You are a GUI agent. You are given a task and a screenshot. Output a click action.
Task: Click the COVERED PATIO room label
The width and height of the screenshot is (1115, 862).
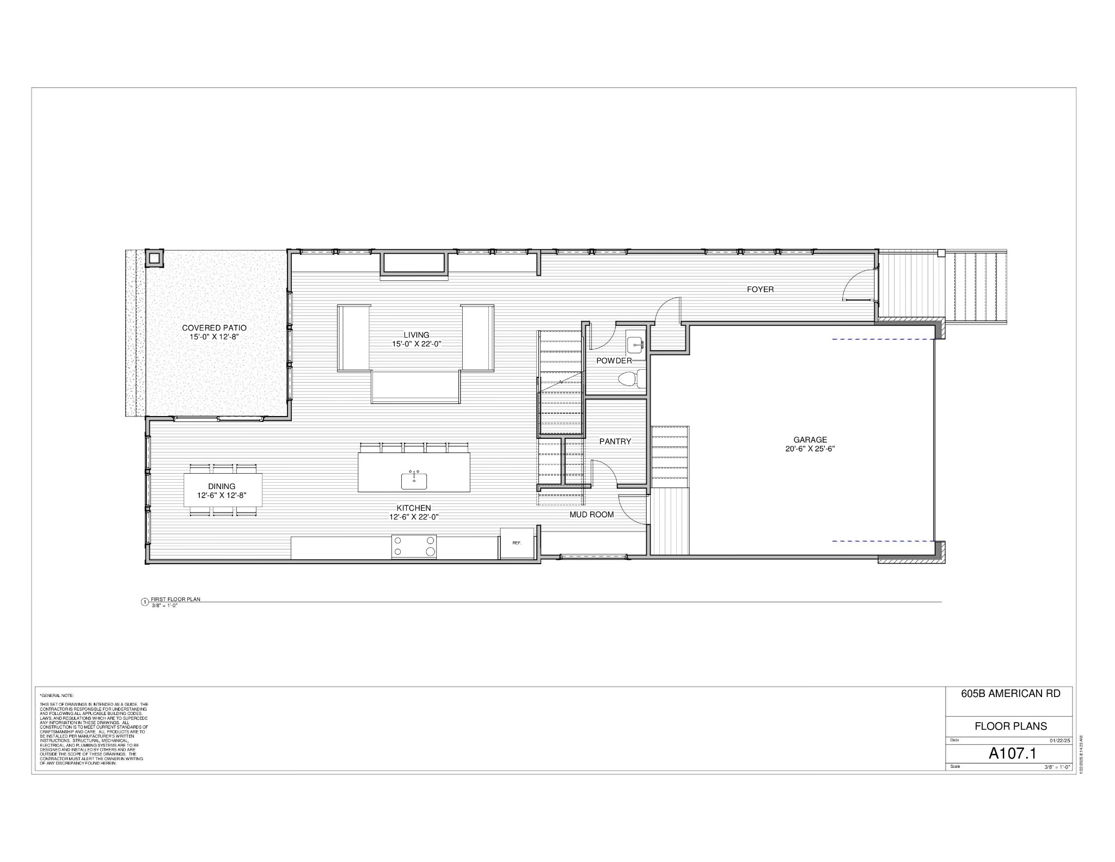pos(214,328)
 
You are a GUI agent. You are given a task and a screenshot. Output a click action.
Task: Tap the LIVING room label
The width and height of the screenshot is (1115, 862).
pos(416,335)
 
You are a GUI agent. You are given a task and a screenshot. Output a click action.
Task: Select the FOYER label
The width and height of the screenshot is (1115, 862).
pos(760,289)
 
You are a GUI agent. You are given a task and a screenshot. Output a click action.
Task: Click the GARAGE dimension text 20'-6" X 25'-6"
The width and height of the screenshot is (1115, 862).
pos(810,449)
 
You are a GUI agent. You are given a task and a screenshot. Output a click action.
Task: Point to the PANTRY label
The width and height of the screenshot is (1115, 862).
pos(615,442)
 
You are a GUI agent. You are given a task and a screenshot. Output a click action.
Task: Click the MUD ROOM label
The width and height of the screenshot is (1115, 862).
pos(592,515)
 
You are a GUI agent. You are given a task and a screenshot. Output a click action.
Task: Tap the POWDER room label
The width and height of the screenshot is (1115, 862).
pos(614,360)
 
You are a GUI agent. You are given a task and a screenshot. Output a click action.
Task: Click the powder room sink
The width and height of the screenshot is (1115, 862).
pos(635,345)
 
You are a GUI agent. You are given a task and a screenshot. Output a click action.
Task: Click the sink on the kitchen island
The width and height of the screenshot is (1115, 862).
pos(414,480)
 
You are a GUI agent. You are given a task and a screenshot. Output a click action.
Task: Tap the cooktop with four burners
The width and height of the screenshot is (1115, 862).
pos(414,546)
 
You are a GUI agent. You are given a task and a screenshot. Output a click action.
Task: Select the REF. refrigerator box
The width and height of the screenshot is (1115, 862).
pos(517,543)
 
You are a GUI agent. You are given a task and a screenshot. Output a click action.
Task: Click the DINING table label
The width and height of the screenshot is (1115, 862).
pos(222,486)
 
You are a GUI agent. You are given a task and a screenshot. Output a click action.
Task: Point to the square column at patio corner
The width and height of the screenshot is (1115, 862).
pos(154,258)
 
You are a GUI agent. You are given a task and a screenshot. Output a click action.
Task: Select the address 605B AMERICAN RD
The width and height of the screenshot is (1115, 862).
pos(1010,693)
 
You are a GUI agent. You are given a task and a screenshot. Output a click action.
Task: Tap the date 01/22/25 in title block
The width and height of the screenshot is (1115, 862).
pos(1059,741)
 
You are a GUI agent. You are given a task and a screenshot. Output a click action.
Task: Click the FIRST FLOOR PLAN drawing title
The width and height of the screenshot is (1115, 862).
pos(175,599)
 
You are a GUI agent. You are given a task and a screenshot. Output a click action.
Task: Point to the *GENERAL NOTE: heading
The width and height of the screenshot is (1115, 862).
pos(57,695)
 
